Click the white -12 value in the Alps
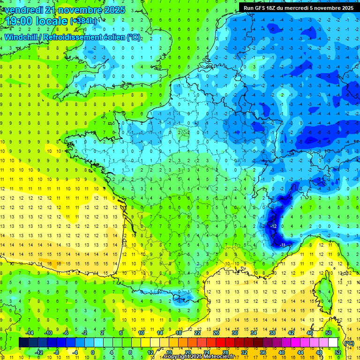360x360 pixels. pos(273,226)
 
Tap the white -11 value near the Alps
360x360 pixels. pos(283,245)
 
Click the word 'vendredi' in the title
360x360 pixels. pos(24,9)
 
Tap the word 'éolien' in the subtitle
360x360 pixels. pos(111,37)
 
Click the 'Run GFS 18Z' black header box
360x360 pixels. pos(299,7)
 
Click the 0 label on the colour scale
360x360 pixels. pos(93,352)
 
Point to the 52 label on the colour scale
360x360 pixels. pos(338,352)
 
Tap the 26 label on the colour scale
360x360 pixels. pos(216,333)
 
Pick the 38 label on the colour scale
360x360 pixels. pos(272,333)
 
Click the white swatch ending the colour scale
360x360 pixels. pos(333,343)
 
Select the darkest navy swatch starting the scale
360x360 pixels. pos(23,343)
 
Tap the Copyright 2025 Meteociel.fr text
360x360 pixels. pos(199,357)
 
